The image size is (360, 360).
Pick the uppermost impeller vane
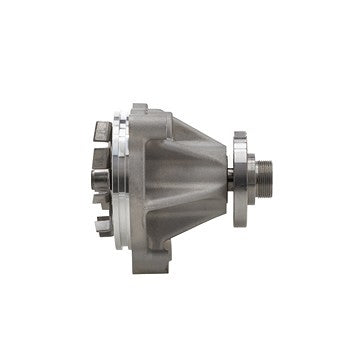coord(102,131)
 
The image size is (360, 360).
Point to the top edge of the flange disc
coord(241,131)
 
